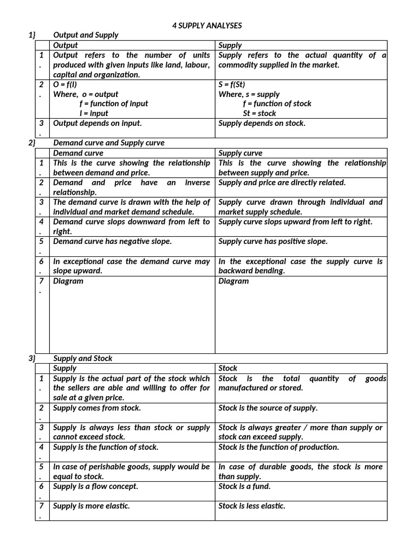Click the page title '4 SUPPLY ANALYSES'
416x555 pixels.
pyautogui.click(x=207, y=25)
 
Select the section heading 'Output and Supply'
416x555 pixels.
pyautogui.click(x=86, y=35)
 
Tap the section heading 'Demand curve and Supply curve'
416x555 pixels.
pyautogui.click(x=109, y=143)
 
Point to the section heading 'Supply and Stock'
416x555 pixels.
pyautogui.click(x=83, y=359)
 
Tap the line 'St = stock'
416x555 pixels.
pyautogui.click(x=259, y=114)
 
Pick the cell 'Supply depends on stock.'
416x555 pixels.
pyautogui.click(x=262, y=124)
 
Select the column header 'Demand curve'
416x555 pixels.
pyautogui.click(x=78, y=153)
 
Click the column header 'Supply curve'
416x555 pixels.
pyautogui.click(x=240, y=153)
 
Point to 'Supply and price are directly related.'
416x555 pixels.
pyautogui.click(x=282, y=183)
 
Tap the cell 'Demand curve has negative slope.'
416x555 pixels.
pyautogui.click(x=112, y=242)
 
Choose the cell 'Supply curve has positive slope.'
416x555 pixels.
pyautogui.click(x=273, y=242)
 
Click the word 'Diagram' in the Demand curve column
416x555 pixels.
pyautogui.click(x=68, y=281)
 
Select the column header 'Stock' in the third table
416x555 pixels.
pyautogui.click(x=228, y=369)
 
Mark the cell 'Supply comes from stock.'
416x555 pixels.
pyautogui.click(x=97, y=408)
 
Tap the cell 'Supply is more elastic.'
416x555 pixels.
pyautogui.click(x=92, y=506)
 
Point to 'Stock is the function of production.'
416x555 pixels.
pyautogui.click(x=278, y=447)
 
